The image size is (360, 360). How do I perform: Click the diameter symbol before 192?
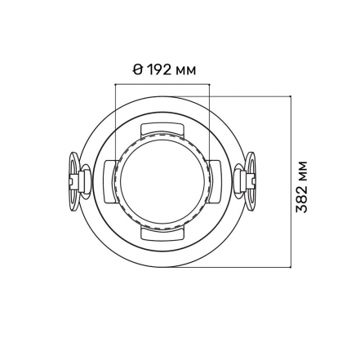pyautogui.click(x=138, y=70)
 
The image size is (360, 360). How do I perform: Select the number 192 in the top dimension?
pyautogui.click(x=159, y=70)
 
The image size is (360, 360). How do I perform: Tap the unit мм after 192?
pyautogui.click(x=185, y=71)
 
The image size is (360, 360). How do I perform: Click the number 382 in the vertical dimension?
pyautogui.click(x=301, y=200)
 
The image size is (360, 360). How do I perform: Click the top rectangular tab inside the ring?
pyautogui.click(x=162, y=130)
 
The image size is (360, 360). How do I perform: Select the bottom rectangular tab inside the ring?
pyautogui.click(x=162, y=233)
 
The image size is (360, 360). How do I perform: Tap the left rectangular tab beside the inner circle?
pyautogui.click(x=111, y=181)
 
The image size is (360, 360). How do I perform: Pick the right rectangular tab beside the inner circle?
pyautogui.click(x=214, y=181)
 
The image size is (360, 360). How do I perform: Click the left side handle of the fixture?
pyautogui.click(x=78, y=181)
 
